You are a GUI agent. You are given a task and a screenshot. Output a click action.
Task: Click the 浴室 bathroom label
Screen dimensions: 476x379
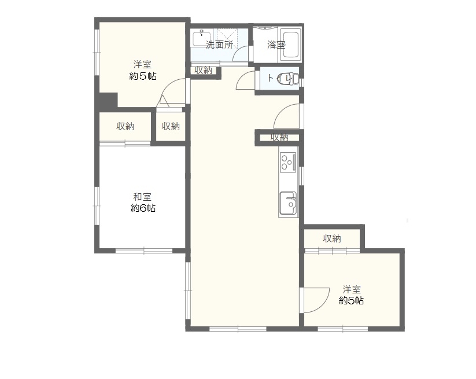pos(276,45)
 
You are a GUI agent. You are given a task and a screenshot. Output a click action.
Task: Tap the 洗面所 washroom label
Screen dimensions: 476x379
pos(219,45)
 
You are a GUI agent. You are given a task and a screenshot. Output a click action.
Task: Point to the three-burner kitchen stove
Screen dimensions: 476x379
pos(288,161)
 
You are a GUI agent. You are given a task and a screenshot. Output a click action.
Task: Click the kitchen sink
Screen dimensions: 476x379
pos(288,203)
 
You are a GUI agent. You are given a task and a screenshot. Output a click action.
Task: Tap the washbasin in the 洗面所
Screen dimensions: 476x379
pos(202,39)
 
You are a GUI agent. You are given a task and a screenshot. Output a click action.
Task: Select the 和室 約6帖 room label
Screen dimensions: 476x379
pos(143,203)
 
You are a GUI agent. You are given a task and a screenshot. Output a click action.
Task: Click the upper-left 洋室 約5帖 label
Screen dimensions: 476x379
pos(143,70)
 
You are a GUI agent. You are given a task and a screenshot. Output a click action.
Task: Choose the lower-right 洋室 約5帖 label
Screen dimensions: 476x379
pos(352,295)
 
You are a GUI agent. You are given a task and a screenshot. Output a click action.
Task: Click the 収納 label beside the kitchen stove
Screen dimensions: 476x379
pos(279,137)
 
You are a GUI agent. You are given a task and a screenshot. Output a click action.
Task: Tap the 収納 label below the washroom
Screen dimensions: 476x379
pos(203,71)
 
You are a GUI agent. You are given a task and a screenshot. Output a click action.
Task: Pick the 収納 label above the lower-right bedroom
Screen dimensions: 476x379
pos(332,239)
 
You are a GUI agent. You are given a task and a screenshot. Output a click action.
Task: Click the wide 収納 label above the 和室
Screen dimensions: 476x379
pos(125,126)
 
